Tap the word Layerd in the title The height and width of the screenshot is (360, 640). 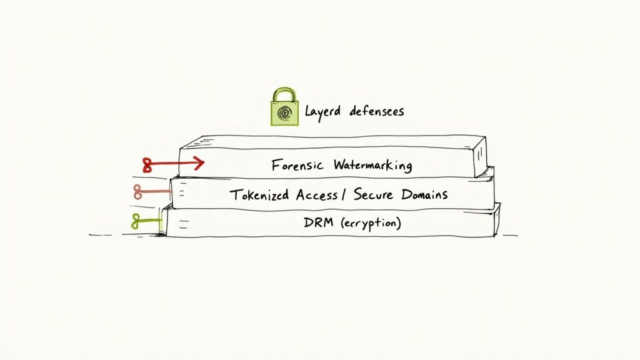323,112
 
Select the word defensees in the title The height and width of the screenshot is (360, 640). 377,111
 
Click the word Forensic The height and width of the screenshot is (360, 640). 297,166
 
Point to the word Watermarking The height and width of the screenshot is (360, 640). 372,166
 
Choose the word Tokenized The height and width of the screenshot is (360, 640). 258,194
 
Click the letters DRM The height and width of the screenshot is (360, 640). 315,222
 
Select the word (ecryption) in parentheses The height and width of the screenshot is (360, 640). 370,222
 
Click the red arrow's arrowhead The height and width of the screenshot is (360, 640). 199,164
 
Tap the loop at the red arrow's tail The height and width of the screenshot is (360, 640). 148,165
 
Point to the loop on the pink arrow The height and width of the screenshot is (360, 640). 137,192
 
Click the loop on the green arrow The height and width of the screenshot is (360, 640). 136,220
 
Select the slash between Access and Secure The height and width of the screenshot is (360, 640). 343,194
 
